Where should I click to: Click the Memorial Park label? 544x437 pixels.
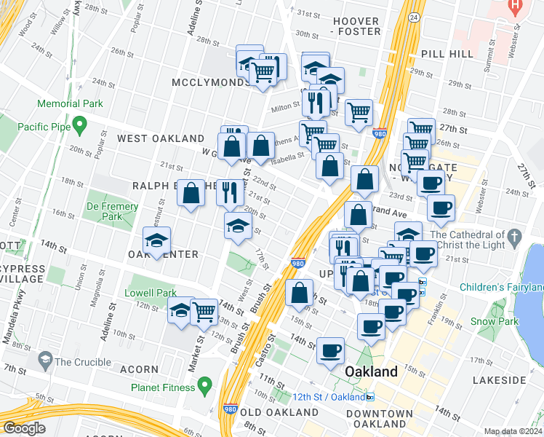pyautogui.click(x=71, y=104)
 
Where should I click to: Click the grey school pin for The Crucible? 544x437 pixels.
pyautogui.click(x=44, y=361)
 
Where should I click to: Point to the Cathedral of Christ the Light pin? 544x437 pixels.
pyautogui.click(x=515, y=237)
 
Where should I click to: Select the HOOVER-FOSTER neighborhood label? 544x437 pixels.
pyautogui.click(x=356, y=26)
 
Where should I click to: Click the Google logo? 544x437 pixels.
pyautogui.click(x=23, y=428)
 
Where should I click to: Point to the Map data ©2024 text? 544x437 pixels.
pyautogui.click(x=513, y=431)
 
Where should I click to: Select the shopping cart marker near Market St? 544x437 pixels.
pyautogui.click(x=204, y=311)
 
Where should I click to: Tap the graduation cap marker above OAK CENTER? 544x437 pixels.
pyautogui.click(x=156, y=240)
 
